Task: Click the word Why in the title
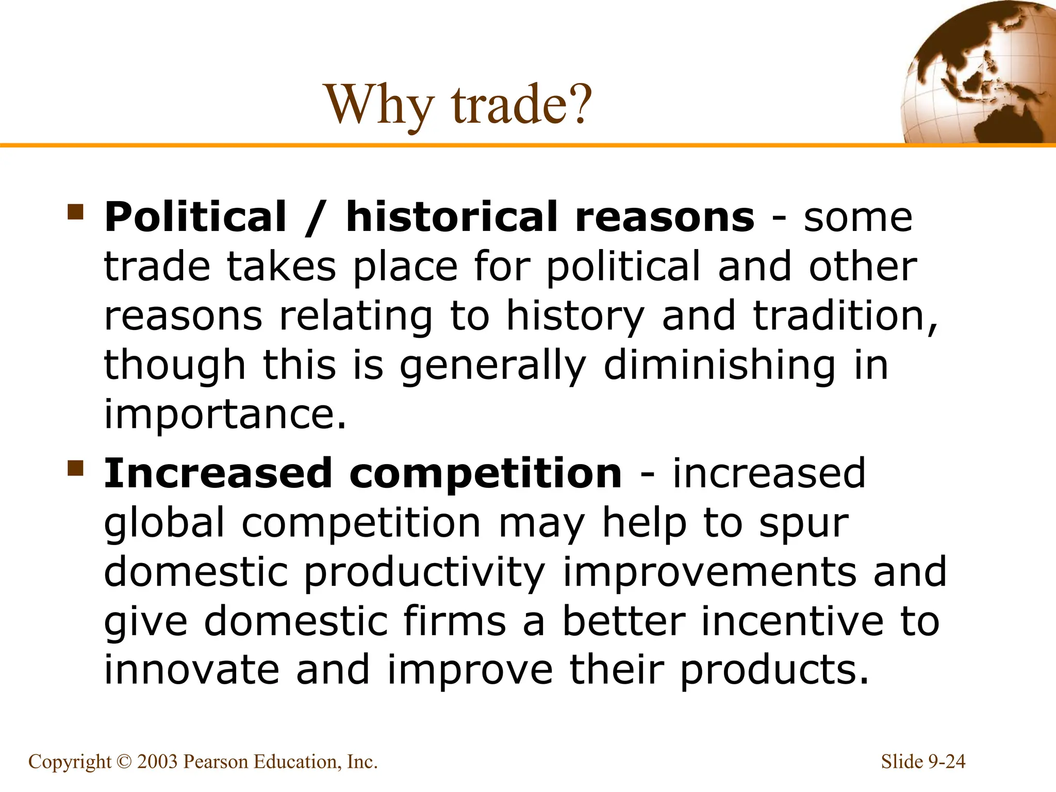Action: pyautogui.click(x=379, y=105)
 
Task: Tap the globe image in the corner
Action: pyautogui.click(x=977, y=72)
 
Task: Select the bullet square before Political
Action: pyautogui.click(x=75, y=212)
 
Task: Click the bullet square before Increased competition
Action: pyautogui.click(x=75, y=469)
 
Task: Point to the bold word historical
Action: pyautogui.click(x=451, y=217)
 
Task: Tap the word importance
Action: pyautogui.click(x=225, y=414)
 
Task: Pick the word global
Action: pyautogui.click(x=164, y=523)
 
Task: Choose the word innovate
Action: pyautogui.click(x=191, y=669)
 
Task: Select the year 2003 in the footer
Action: pyautogui.click(x=157, y=762)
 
